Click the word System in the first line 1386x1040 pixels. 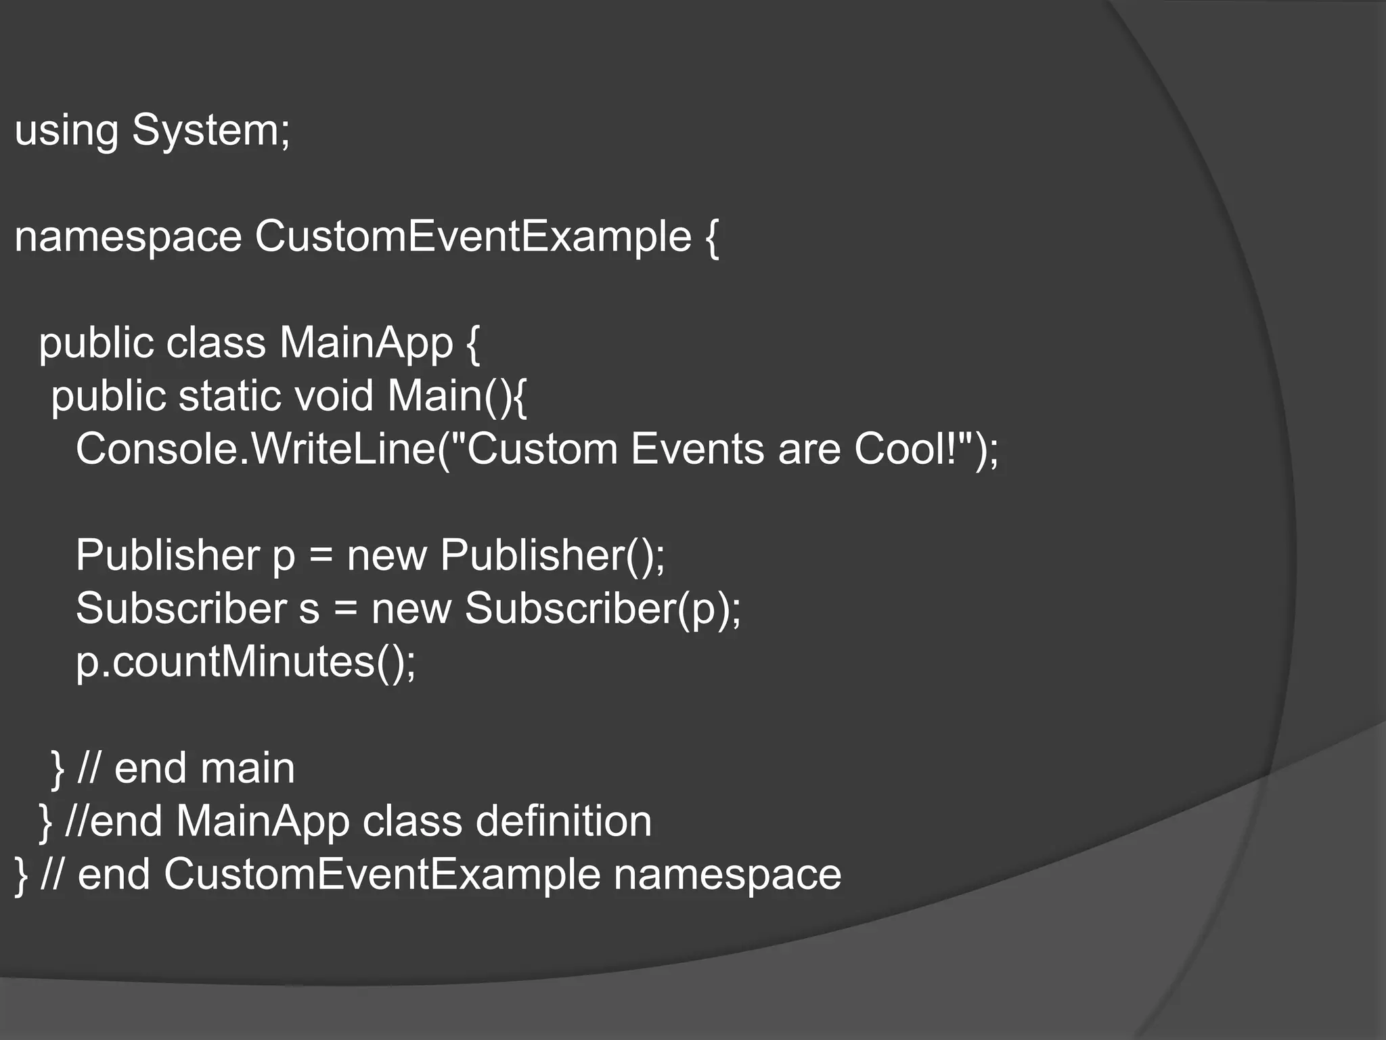pos(210,130)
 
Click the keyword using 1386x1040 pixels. pos(66,130)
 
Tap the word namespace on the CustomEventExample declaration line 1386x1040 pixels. pos(128,237)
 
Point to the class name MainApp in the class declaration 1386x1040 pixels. pos(366,343)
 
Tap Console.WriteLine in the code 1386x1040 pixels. pos(256,449)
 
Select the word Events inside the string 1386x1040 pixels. pos(697,449)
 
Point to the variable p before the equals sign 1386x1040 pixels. pos(284,557)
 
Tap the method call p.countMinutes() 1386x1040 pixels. pos(246,662)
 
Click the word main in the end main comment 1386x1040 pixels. pos(248,768)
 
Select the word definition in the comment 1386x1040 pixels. pos(563,821)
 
